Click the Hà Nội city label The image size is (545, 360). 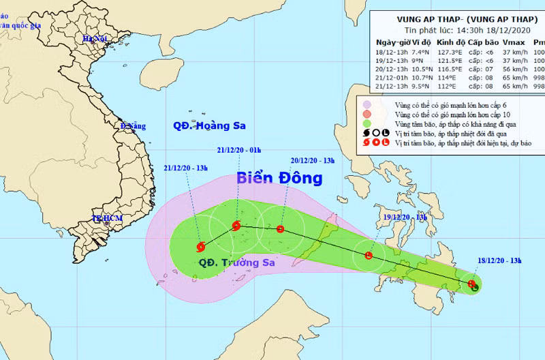pyautogui.click(x=96, y=40)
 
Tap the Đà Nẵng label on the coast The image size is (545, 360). pyautogui.click(x=134, y=127)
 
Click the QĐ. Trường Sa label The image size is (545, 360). pyautogui.click(x=228, y=262)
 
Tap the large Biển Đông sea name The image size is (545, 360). pyautogui.click(x=279, y=179)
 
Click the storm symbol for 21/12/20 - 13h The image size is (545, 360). pyautogui.click(x=200, y=247)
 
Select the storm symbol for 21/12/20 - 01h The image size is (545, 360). pyautogui.click(x=236, y=226)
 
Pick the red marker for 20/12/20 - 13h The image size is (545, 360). pyautogui.click(x=281, y=230)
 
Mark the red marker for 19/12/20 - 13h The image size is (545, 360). pyautogui.click(x=369, y=256)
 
